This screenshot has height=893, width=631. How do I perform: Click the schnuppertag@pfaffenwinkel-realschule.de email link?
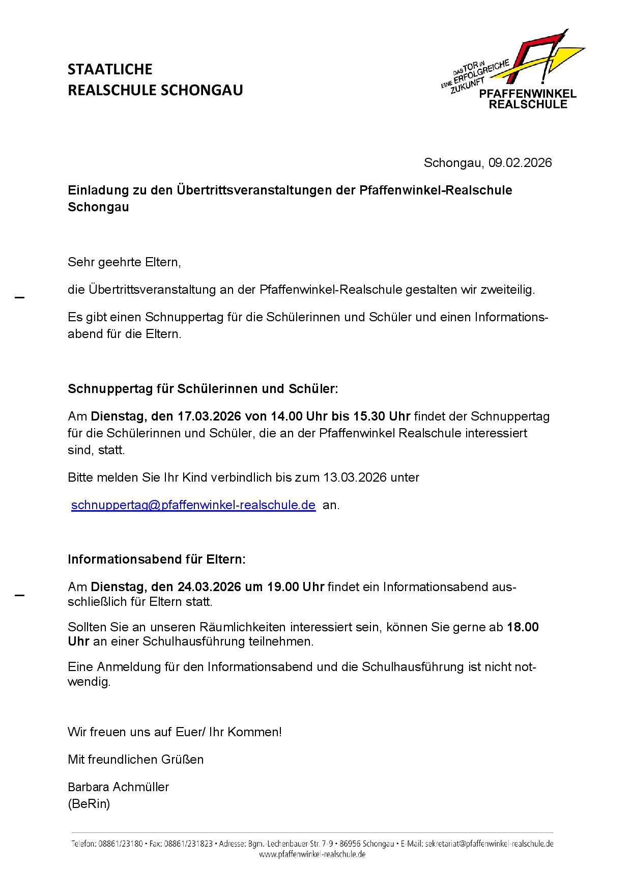click(193, 505)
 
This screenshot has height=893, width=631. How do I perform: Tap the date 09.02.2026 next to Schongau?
click(520, 163)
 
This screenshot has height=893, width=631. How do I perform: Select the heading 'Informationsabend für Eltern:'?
click(157, 559)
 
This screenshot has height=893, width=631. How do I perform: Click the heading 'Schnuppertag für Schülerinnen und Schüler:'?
click(203, 389)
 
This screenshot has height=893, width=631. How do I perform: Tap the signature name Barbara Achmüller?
click(118, 787)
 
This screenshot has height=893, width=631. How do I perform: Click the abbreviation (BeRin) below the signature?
click(89, 804)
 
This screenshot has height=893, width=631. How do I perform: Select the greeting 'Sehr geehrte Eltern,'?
click(124, 263)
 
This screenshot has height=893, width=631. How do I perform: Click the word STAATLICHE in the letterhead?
click(110, 69)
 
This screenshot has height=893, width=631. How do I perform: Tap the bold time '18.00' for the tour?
click(523, 627)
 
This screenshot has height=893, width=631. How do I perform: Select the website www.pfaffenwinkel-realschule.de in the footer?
click(312, 855)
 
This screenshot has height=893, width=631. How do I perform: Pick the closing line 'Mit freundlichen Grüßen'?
click(135, 759)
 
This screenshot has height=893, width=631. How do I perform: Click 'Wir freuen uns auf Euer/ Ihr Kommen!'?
click(175, 732)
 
